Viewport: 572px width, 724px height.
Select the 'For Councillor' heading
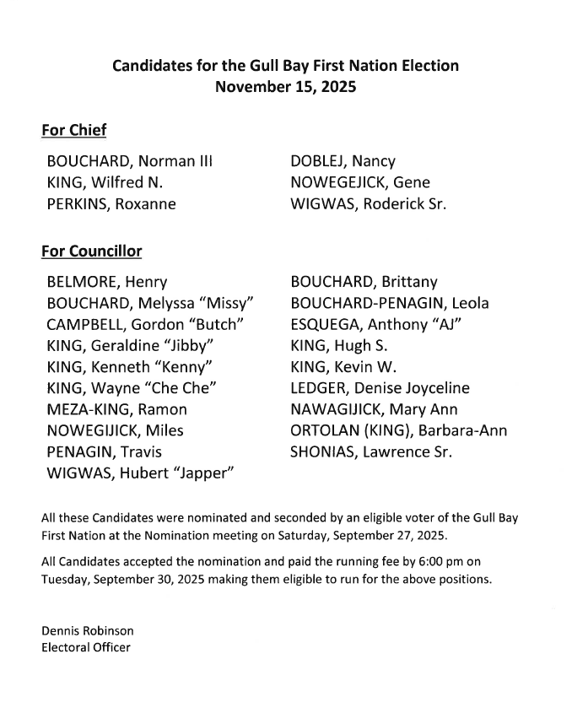pyautogui.click(x=91, y=251)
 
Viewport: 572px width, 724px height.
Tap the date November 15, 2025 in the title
pyautogui.click(x=285, y=86)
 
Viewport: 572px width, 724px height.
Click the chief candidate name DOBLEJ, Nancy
pyautogui.click(x=343, y=161)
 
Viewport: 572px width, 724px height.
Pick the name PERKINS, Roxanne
pyautogui.click(x=111, y=203)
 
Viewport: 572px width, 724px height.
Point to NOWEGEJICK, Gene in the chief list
pyautogui.click(x=360, y=182)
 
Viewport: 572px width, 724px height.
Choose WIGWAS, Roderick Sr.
pyautogui.click(x=369, y=203)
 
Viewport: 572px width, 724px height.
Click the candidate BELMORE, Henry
pyautogui.click(x=107, y=282)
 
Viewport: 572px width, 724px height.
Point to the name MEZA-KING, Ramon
pyautogui.click(x=117, y=409)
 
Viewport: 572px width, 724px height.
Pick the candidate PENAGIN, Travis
pyautogui.click(x=105, y=452)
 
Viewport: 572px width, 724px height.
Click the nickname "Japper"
pyautogui.click(x=201, y=473)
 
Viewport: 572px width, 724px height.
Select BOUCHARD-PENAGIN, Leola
pyautogui.click(x=390, y=303)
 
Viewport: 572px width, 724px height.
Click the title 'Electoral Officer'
pyautogui.click(x=86, y=647)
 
